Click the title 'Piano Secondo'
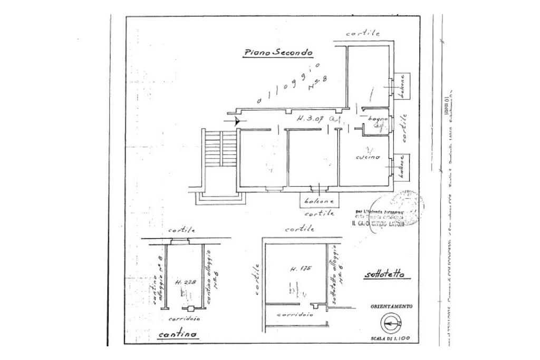278,53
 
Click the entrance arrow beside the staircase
235,121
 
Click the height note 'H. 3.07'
308,119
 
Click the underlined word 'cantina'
177,335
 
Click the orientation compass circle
391,322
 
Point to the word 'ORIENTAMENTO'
391,306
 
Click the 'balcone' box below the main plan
319,201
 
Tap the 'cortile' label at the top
363,33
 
